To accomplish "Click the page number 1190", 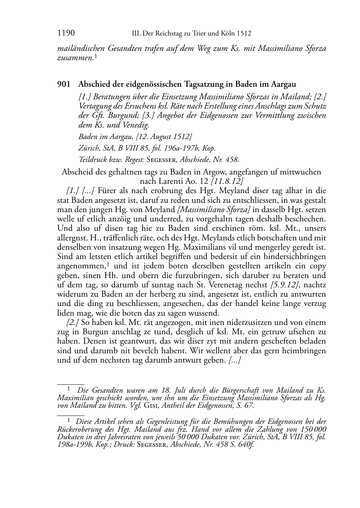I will pyautogui.click(x=66, y=33).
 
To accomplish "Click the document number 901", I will pyautogui.click(x=63, y=85).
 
